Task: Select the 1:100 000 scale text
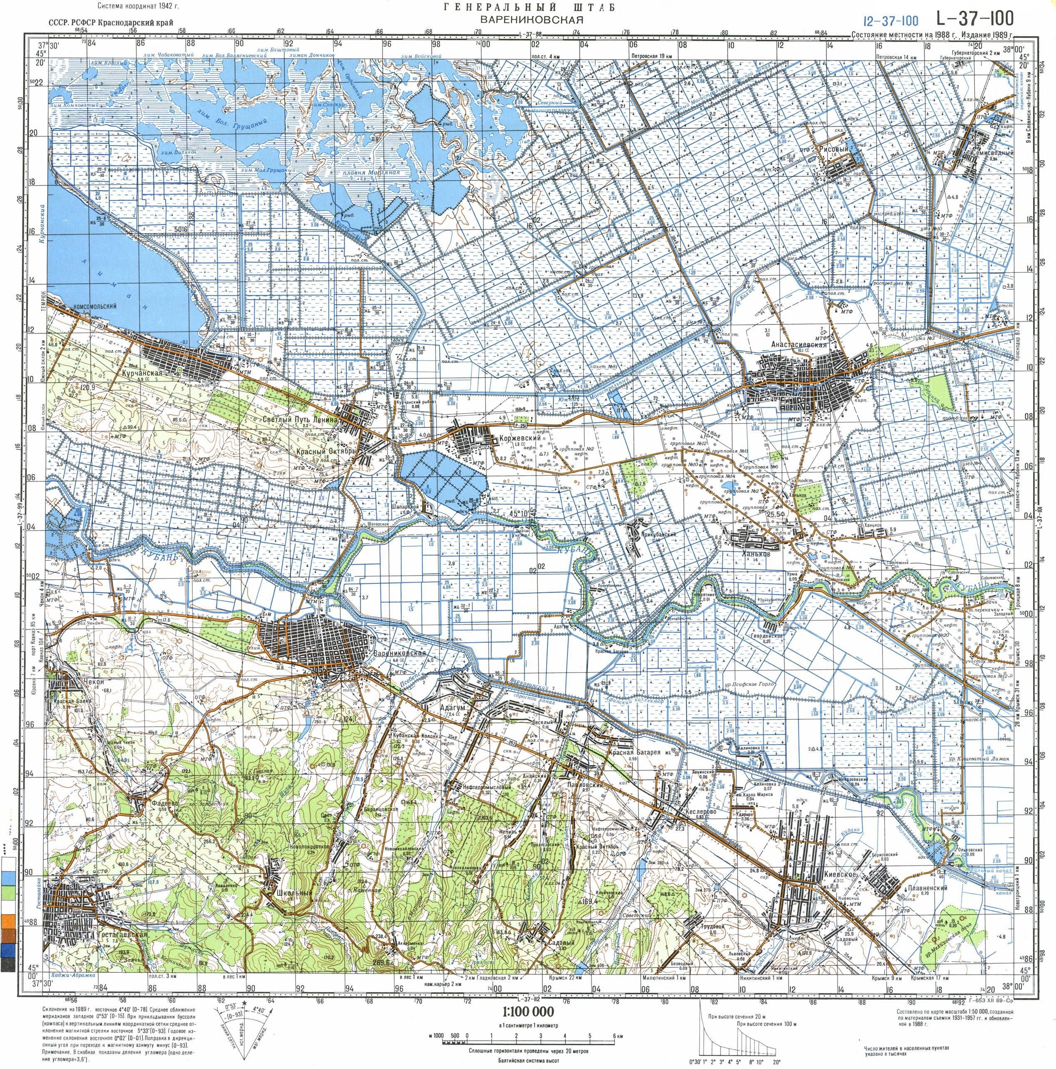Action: (528, 1012)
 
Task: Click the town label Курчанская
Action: (142, 373)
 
